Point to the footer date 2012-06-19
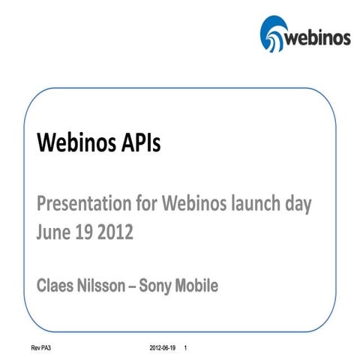click(x=162, y=349)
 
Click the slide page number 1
click(x=186, y=349)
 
